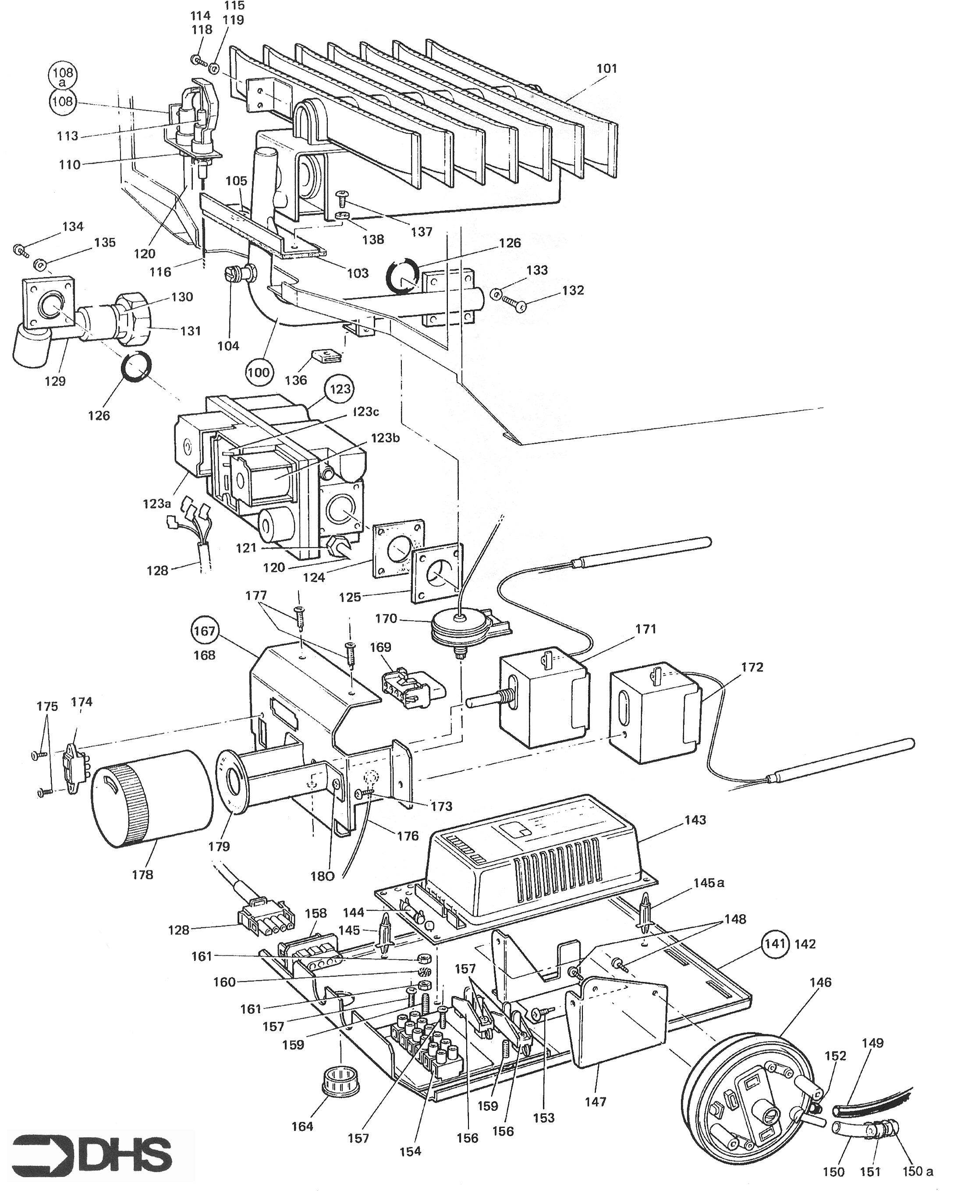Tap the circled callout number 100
(x=258, y=372)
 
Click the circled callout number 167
(x=205, y=630)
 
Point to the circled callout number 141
(x=774, y=944)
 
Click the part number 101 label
(x=606, y=68)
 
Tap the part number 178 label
(x=142, y=874)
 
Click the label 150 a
(x=918, y=1170)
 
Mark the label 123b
(x=385, y=438)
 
